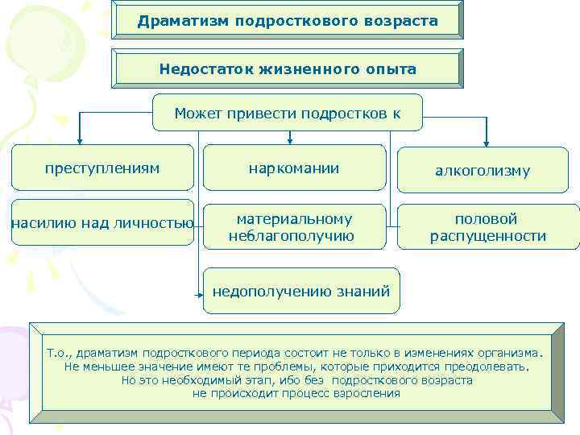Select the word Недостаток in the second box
pos(205,69)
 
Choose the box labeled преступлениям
pos(102,168)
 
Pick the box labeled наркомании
pos(294,168)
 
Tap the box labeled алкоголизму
pos(483,171)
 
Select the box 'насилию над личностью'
pos(102,222)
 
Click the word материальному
pos(294,218)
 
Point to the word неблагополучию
pos(291,236)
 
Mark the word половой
pos(487,219)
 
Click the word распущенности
pos(487,237)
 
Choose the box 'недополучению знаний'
pos(300,291)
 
